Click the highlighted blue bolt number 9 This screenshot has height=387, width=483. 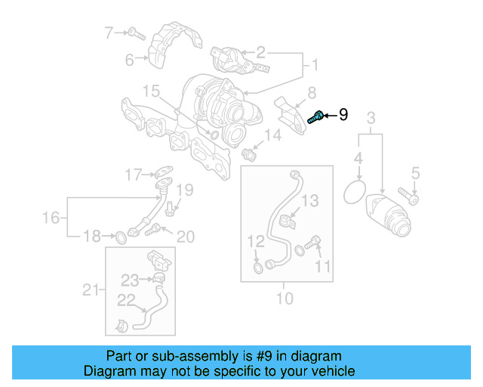point(317,116)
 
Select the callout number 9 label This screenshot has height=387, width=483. point(343,115)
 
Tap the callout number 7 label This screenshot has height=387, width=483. point(109,33)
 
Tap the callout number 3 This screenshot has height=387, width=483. point(371,118)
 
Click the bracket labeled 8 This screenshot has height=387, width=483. point(291,112)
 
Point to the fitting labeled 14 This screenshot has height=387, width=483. point(251,154)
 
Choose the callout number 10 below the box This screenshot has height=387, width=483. point(285,299)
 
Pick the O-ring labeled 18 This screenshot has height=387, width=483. point(119,239)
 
